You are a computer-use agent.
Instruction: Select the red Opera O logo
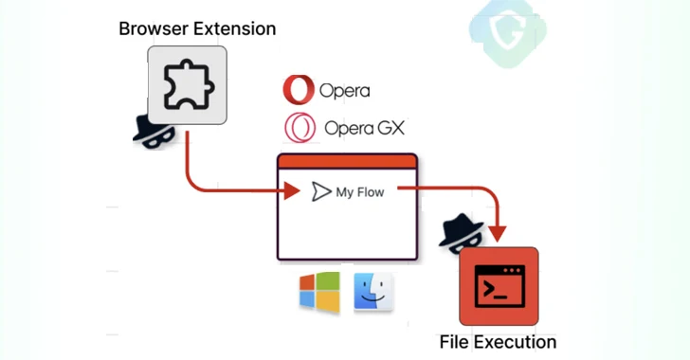point(298,90)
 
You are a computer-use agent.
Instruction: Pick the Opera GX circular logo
point(299,127)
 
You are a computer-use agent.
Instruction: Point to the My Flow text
point(360,192)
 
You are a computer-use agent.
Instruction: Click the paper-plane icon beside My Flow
point(320,192)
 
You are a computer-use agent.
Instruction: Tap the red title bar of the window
point(347,161)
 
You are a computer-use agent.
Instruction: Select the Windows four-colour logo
point(319,294)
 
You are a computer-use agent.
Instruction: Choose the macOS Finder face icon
point(373,294)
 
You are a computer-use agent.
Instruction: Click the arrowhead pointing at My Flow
point(292,192)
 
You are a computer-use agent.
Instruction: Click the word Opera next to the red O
point(344,91)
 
